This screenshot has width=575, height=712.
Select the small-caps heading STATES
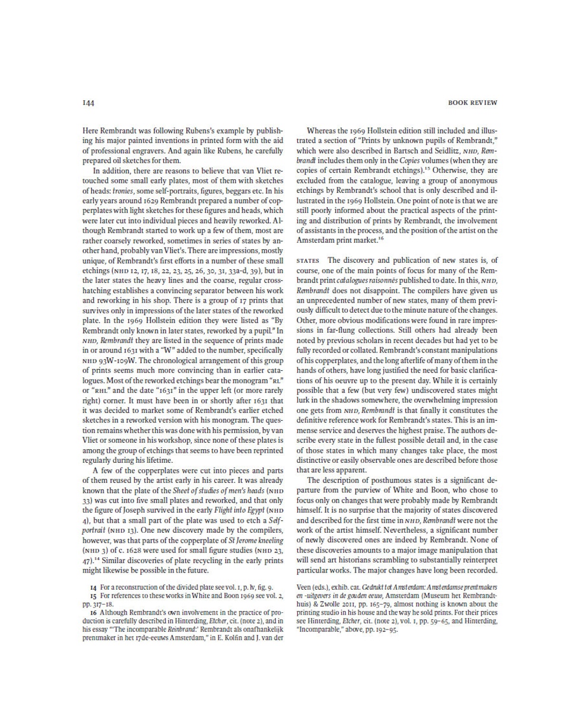click(x=308, y=260)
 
